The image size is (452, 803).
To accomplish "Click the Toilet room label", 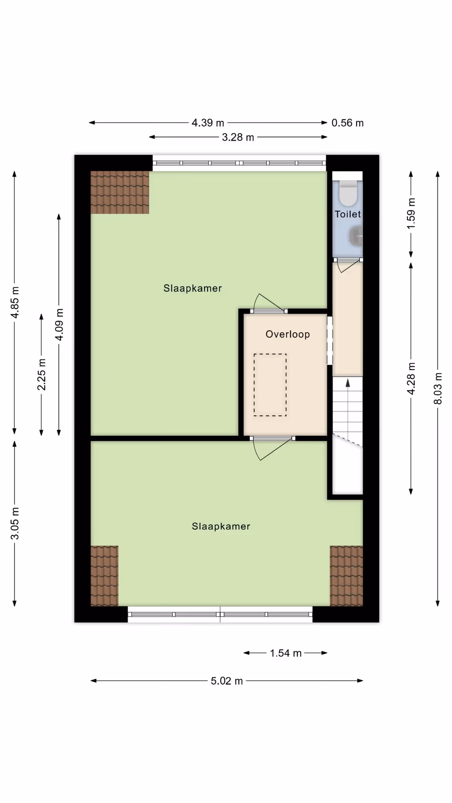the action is [x=347, y=214].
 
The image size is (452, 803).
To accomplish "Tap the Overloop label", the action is [x=288, y=334].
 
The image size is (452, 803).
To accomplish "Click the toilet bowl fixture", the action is [x=348, y=193].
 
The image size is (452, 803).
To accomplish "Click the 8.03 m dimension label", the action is [x=438, y=389].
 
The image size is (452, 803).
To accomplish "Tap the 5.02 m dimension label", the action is [x=227, y=681].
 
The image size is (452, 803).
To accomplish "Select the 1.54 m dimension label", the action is [x=286, y=653].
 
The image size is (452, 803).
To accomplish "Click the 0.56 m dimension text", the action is [x=347, y=123].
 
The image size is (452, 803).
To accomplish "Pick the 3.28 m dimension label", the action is [x=238, y=137].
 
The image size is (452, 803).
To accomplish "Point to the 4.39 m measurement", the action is [x=208, y=123].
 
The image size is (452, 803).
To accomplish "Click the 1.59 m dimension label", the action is [x=411, y=213].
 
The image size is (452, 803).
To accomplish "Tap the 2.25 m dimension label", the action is [x=41, y=374].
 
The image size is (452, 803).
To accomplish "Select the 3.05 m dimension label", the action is [x=15, y=523].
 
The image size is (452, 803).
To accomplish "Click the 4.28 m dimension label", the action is [x=411, y=378].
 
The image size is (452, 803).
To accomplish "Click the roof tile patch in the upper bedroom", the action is [x=120, y=192].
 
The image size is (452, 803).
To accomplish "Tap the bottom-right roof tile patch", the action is [x=347, y=576].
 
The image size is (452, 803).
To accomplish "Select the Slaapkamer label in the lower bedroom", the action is [x=221, y=527].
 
